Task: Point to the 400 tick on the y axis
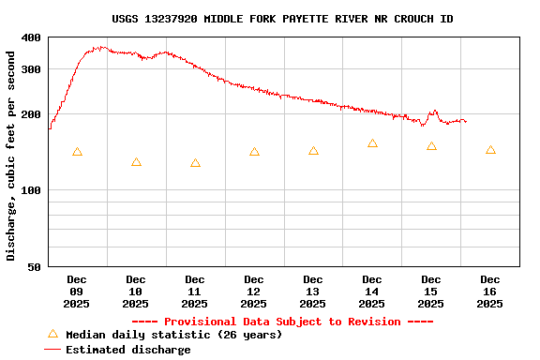pos(31,37)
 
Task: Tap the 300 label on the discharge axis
pos(31,69)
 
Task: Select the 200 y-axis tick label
pos(31,114)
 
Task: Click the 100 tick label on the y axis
pos(31,190)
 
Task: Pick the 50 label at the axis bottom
pos(35,267)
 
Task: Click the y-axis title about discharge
pos(11,156)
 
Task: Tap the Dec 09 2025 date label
pos(77,292)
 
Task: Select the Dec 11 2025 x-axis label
pos(195,292)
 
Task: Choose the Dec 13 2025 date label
pos(313,292)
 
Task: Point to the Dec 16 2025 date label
pos(490,292)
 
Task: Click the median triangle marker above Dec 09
pos(77,152)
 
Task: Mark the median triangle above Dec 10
pos(136,162)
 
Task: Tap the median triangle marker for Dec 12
pos(254,152)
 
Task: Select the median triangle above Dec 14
pos(372,143)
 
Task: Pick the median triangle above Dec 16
pos(490,150)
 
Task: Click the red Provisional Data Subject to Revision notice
pos(282,322)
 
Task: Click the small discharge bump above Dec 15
pos(433,112)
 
